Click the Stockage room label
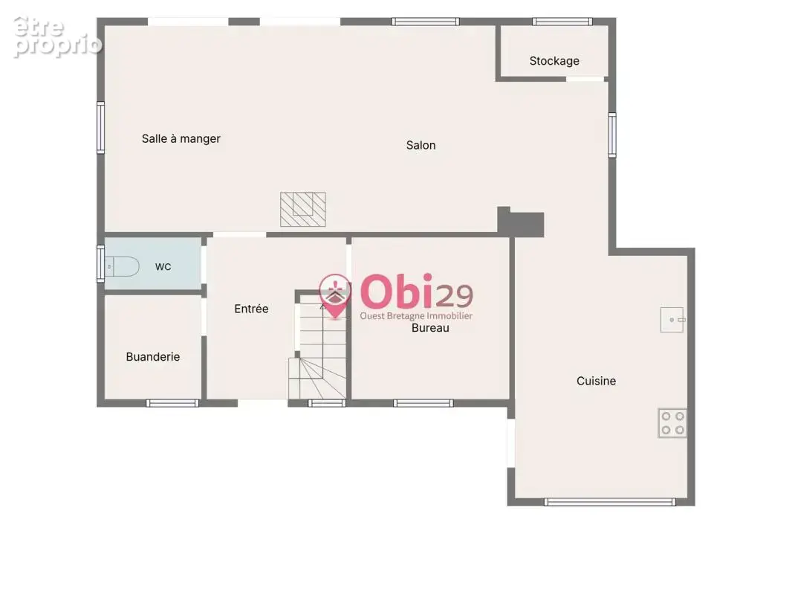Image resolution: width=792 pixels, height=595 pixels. tap(554, 61)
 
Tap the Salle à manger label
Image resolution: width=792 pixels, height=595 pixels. tap(181, 138)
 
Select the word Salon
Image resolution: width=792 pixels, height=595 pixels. tap(421, 145)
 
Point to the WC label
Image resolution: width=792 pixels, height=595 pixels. tap(163, 267)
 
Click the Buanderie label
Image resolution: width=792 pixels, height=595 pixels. tap(152, 357)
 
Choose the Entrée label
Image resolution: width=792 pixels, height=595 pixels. tap(251, 309)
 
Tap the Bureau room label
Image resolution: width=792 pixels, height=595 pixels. tap(430, 328)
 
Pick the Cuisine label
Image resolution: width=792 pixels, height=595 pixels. tap(596, 381)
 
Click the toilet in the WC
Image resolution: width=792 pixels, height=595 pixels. tap(122, 266)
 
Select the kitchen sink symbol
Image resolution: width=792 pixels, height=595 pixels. tap(672, 320)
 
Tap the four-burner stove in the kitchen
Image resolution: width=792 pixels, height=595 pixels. tap(672, 423)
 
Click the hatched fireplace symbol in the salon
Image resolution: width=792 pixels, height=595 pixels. tap(303, 209)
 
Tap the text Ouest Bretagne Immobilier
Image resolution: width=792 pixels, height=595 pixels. tap(416, 316)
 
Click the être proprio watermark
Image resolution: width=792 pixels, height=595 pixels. tap(56, 36)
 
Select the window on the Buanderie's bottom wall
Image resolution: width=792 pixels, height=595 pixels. tap(172, 403)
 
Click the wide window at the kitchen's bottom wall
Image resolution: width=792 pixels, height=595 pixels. tap(610, 502)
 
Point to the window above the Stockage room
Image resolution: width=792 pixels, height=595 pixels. tap(562, 22)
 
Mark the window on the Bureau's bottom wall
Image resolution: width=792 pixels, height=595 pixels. tap(423, 403)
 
